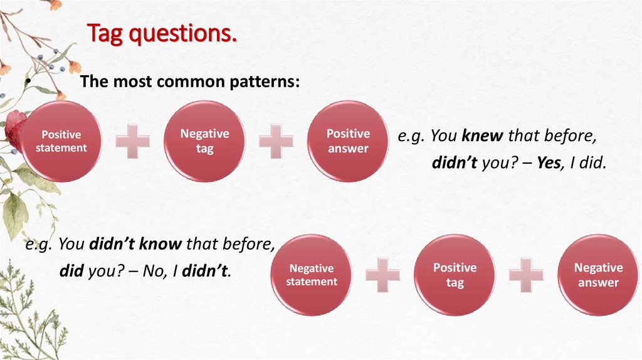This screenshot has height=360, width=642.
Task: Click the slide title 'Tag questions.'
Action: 162,33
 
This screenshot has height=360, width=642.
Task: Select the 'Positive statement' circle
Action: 61,141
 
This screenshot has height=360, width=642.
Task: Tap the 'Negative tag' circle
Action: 204,141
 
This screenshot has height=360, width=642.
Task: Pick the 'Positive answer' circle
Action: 348,141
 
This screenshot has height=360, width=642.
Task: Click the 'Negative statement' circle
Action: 312,275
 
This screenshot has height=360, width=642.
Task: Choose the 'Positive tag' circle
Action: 455,275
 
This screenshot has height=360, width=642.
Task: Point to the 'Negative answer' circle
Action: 598,275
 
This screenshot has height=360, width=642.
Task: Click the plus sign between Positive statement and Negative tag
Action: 133,141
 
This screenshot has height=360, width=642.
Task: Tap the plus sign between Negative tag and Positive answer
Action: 276,141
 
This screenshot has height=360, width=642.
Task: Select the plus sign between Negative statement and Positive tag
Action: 383,275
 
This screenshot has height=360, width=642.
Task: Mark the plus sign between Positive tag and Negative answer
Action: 526,275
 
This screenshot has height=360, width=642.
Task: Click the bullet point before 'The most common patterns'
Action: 28,84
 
